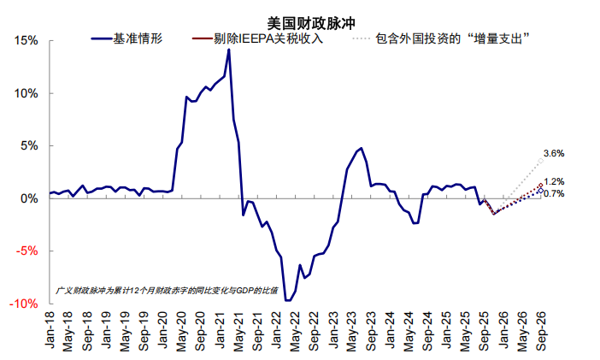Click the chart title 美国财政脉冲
[299, 23]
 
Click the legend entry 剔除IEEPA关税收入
[256, 38]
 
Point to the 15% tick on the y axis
[26, 41]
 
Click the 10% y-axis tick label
[26, 93]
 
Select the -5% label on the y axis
[26, 251]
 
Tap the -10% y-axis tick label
[24, 304]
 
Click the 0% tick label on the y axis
[28, 198]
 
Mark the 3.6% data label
[554, 153]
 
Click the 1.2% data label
[554, 182]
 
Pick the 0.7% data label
[554, 194]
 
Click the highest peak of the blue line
[228, 50]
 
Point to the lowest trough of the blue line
[288, 300]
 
